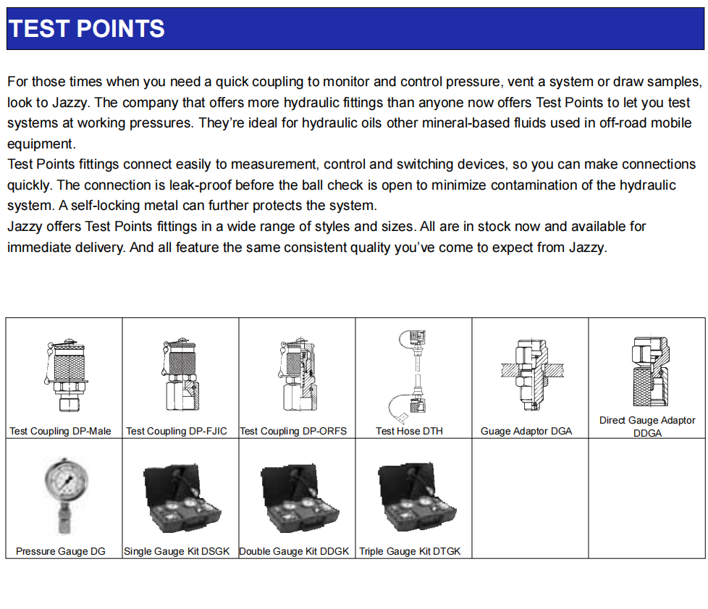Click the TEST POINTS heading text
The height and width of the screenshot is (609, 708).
[x=87, y=29]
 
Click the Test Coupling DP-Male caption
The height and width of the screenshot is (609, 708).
[x=60, y=431]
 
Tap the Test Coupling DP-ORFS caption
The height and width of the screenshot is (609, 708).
[x=293, y=431]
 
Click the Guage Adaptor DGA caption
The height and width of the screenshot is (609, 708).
[x=526, y=431]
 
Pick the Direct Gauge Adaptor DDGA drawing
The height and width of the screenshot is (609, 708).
[x=645, y=373]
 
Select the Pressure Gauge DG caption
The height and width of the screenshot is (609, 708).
[x=61, y=551]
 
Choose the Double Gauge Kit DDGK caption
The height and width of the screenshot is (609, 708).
[x=294, y=551]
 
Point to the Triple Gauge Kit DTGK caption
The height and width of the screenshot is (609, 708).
[x=410, y=551]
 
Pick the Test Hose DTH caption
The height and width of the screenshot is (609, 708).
[x=409, y=431]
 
